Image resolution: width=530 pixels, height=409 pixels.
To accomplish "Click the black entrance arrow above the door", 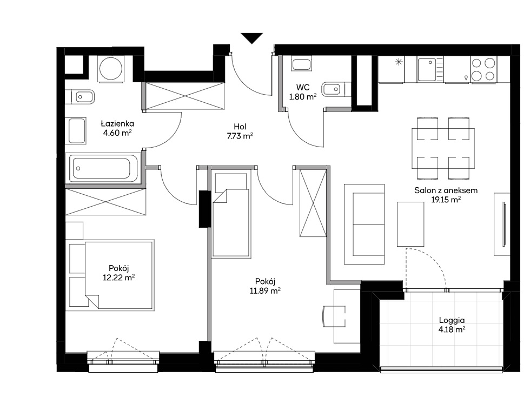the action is [252, 38].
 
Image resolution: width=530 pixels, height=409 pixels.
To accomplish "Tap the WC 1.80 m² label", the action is [303, 92].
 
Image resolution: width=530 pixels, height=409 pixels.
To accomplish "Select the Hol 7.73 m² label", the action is [240, 131].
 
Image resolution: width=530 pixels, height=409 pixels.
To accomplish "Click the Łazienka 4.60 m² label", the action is [117, 128].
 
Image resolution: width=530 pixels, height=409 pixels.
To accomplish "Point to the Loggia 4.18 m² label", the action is [452, 325].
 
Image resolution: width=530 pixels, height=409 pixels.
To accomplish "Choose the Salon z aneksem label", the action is [446, 190].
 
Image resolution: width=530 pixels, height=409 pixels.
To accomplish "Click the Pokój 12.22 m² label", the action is [119, 273].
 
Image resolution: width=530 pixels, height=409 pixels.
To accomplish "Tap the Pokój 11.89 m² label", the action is [266, 286].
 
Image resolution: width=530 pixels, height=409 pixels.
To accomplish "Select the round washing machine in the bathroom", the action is [110, 68].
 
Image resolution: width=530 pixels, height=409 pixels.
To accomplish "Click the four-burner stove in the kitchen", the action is [483, 69].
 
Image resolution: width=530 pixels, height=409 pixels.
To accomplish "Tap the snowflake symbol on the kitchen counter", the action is [399, 62].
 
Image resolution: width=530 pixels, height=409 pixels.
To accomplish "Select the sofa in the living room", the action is [365, 224].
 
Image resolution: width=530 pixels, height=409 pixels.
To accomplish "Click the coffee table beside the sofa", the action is [410, 224].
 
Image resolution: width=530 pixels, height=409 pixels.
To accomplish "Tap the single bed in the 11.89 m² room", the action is [231, 214].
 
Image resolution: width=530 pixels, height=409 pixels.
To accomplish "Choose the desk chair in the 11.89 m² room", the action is [334, 316].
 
